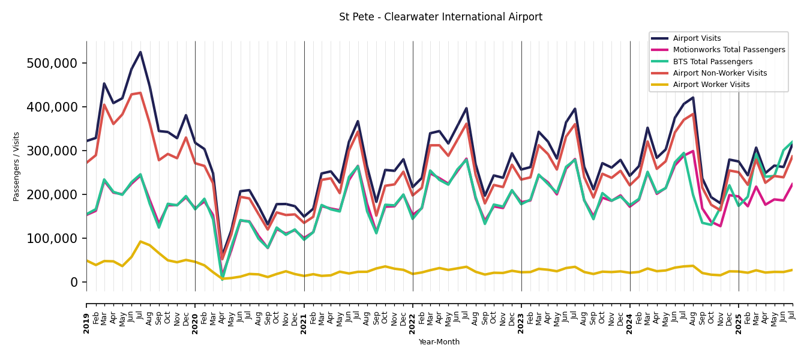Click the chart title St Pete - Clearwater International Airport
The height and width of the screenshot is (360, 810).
(x=440, y=17)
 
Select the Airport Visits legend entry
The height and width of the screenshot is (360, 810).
(x=696, y=38)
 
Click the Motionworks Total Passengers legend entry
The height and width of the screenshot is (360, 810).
(x=728, y=50)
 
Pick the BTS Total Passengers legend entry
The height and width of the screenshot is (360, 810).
(x=712, y=62)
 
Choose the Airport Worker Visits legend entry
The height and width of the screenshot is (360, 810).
(x=711, y=85)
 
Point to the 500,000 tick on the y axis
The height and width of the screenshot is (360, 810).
(x=52, y=64)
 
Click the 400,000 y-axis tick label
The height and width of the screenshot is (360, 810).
(x=52, y=107)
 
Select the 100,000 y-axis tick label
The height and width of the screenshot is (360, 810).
(x=52, y=239)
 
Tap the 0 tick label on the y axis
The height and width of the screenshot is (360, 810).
(x=74, y=283)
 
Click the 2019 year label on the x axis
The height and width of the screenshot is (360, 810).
(x=86, y=323)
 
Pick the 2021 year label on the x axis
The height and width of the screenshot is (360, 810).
(x=304, y=323)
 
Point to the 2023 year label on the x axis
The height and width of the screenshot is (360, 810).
(x=521, y=323)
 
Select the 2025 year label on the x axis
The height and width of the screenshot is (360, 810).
(x=739, y=323)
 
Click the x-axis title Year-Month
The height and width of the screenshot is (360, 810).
(x=439, y=342)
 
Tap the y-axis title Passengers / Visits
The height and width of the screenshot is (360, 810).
(x=17, y=166)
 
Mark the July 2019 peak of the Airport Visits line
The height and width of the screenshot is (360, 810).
(x=140, y=52)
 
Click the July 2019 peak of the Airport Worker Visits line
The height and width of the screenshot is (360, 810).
(x=140, y=242)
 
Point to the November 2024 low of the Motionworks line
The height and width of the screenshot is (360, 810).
(x=720, y=226)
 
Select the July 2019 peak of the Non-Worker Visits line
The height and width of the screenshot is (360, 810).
(x=140, y=93)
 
